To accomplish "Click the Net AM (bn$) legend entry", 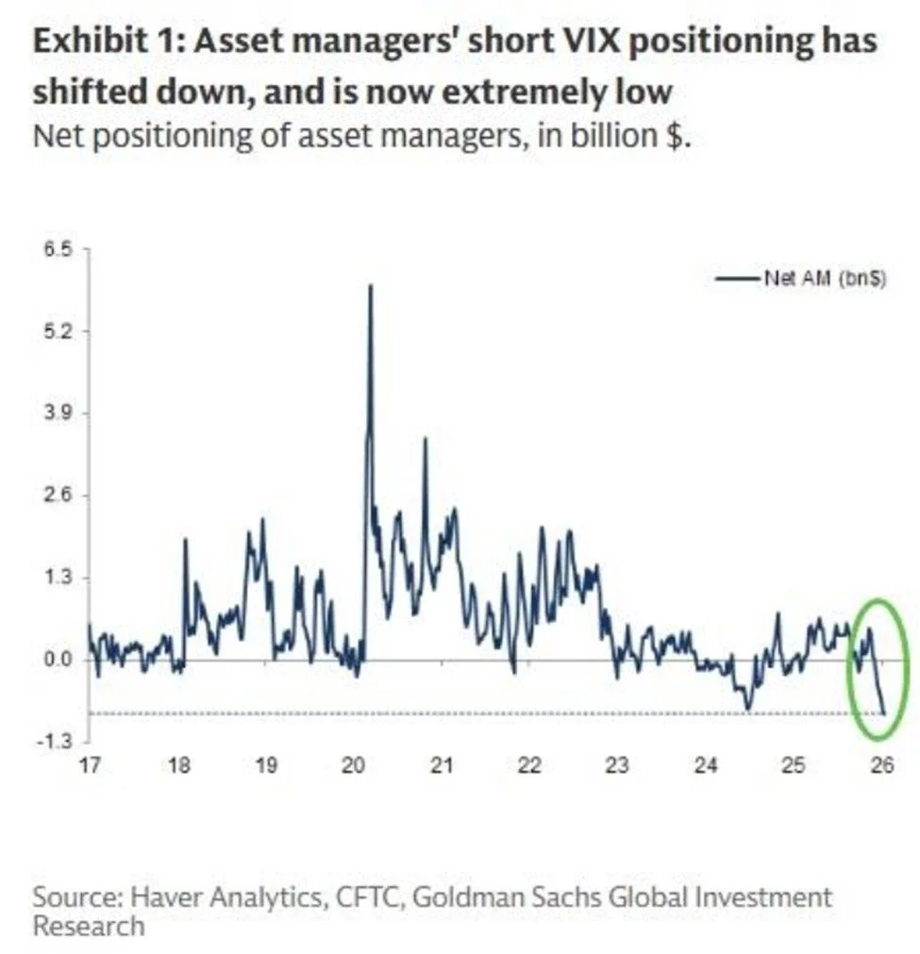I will pos(823,278).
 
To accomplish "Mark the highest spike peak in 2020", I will pos(370,285).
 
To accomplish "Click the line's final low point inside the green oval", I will pos(885,713).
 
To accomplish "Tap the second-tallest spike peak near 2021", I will pos(425,439).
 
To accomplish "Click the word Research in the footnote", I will pos(89,926).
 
